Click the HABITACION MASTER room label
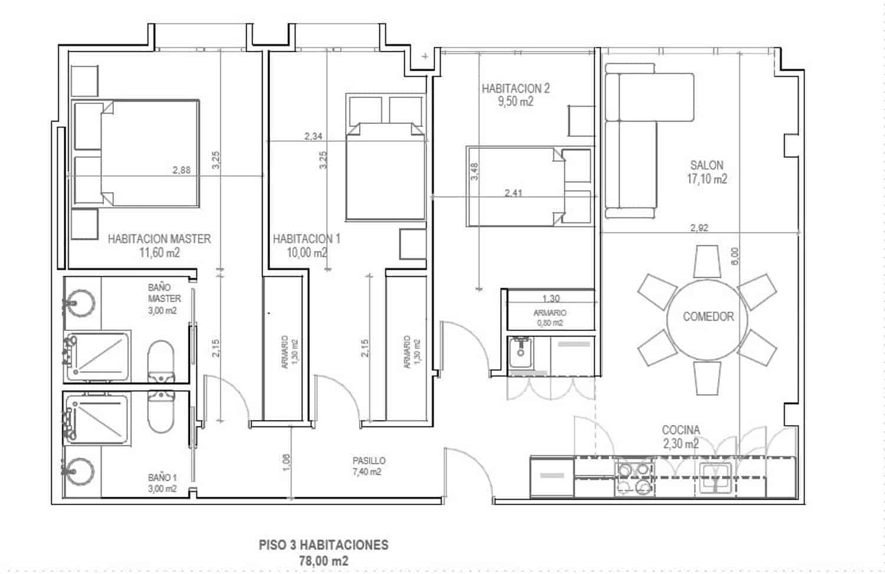[159, 239]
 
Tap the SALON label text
[706, 165]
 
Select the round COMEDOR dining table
[707, 317]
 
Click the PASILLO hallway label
[369, 461]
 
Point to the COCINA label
[680, 430]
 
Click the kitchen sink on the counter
[716, 477]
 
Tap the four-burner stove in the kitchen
[634, 478]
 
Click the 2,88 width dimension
[181, 170]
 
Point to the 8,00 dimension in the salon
[735, 256]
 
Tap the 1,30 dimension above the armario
[550, 299]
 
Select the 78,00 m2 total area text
[323, 560]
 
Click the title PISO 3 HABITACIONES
[323, 544]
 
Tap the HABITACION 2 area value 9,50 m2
[515, 101]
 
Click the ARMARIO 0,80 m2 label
[549, 318]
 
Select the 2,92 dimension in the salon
[699, 227]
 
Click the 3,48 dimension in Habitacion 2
[474, 171]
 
